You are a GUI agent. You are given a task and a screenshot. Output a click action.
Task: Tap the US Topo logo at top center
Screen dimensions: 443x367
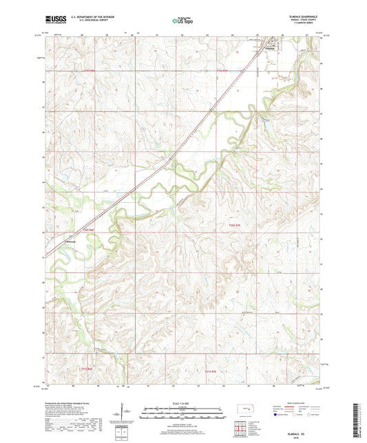click(x=182, y=21)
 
